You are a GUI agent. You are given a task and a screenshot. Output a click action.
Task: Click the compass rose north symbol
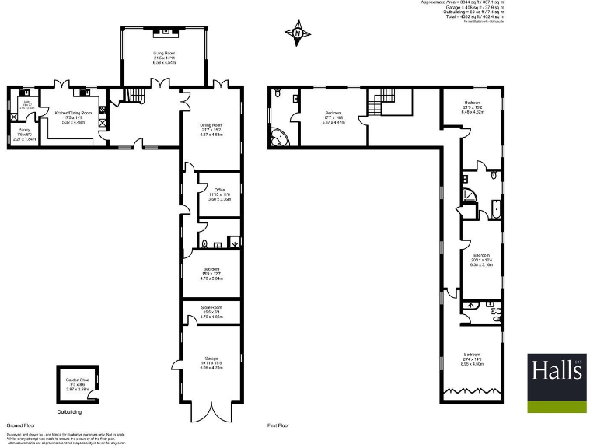pos(298,33)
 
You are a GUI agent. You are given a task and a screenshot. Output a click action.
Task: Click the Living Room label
pos(164,57)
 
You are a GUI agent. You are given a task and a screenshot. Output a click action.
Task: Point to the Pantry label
pos(24,135)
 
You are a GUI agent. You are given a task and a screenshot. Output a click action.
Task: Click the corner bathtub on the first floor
pos(278,138)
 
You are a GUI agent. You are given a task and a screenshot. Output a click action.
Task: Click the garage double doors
pos(210,412)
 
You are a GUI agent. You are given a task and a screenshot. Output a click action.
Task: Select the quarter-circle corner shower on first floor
pos(470,195)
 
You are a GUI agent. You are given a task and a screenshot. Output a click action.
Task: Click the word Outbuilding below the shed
pos(71,411)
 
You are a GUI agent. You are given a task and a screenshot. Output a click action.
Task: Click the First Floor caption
pos(278,426)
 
